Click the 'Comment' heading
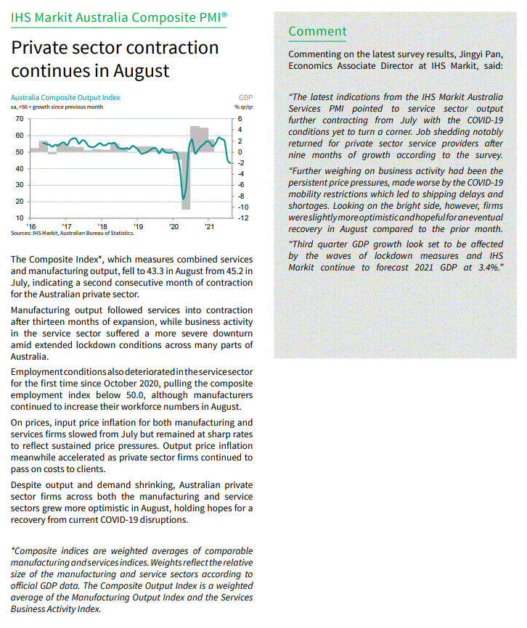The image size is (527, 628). [x=317, y=31]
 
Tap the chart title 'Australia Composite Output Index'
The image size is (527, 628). [x=65, y=97]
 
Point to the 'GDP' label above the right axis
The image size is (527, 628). [x=245, y=97]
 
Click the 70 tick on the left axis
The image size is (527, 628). [x=19, y=118]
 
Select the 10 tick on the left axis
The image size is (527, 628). [x=19, y=218]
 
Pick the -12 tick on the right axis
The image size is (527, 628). [x=246, y=218]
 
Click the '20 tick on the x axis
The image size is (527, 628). [x=173, y=226]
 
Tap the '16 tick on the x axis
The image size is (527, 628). [x=32, y=226]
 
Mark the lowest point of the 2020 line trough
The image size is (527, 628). [x=184, y=198]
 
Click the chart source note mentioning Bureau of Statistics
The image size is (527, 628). [x=73, y=234]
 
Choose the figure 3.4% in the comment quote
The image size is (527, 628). [x=483, y=267]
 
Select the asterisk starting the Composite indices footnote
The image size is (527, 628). [x=13, y=551]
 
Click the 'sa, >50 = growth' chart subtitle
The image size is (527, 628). [x=57, y=107]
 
